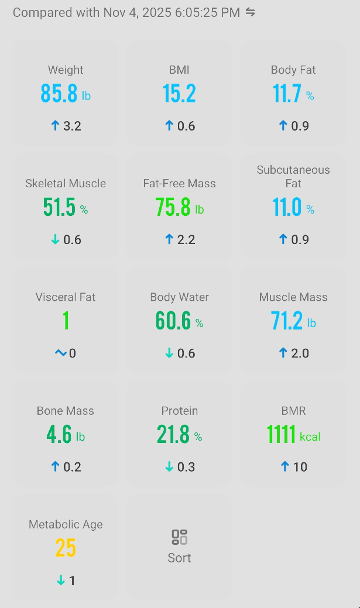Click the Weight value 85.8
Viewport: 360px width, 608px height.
59,94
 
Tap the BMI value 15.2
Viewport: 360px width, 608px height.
179,94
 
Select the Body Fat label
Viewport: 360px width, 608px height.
293,70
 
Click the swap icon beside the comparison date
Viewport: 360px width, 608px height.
251,12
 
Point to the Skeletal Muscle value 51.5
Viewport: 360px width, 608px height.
59,208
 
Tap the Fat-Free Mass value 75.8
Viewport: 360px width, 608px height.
173,208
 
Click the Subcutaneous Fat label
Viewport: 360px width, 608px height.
293,176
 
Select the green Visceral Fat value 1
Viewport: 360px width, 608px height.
66,321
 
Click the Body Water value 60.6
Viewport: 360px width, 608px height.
173,321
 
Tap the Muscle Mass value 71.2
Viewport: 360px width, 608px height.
287,321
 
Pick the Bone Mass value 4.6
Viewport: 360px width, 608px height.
59,435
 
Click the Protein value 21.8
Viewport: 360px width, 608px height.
173,435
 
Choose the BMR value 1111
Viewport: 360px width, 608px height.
281,435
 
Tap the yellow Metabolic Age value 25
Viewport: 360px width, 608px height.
66,548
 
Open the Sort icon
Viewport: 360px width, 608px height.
179,537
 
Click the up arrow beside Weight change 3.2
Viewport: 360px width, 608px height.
56,126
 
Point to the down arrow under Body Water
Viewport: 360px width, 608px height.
169,353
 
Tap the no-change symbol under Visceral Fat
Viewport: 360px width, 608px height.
60,353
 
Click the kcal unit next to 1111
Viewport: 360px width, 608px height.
310,437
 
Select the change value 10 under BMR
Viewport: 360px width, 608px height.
300,466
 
